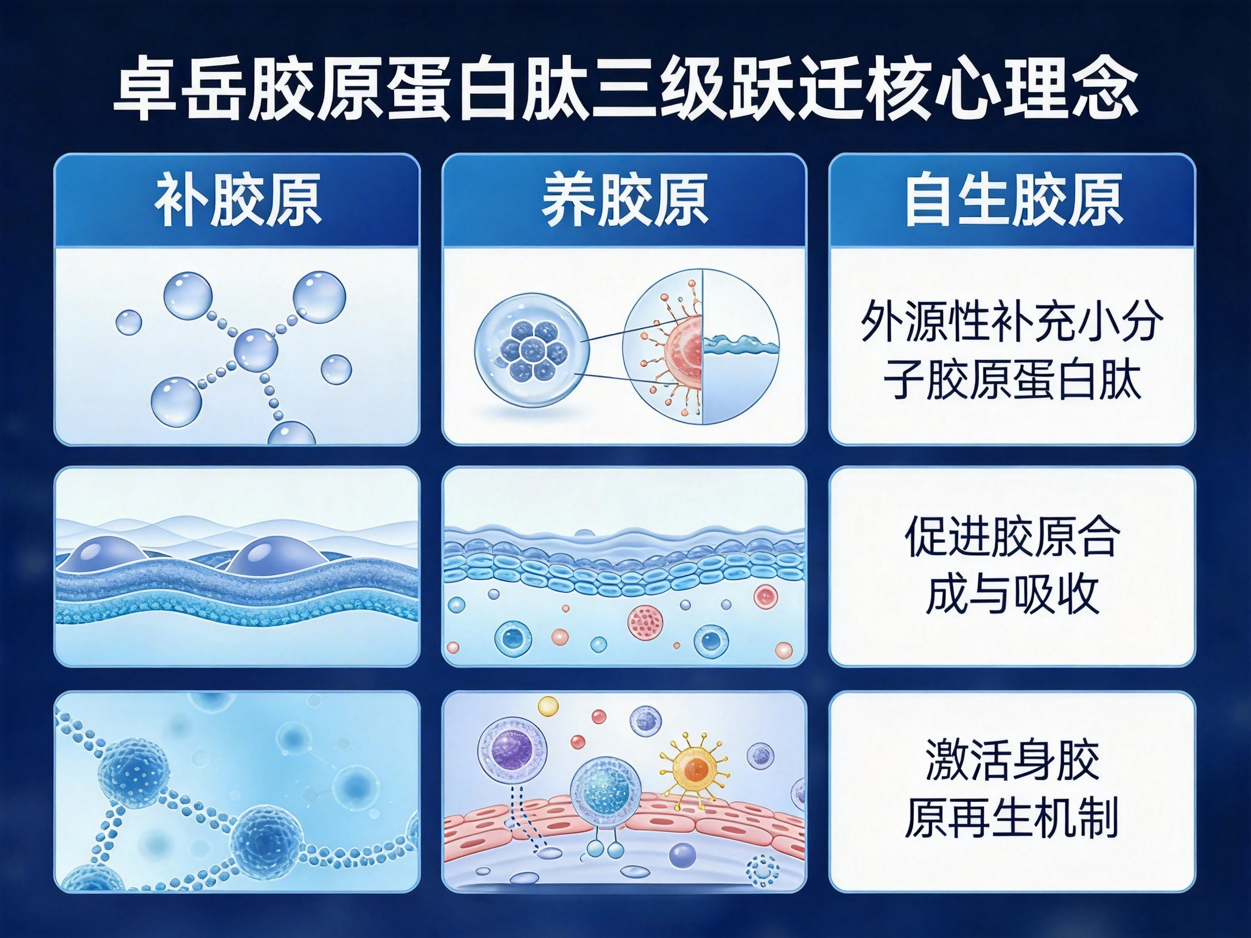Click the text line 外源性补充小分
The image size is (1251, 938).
point(1012,321)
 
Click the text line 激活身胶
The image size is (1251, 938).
point(1012,759)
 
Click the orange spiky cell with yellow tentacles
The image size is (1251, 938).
point(695,769)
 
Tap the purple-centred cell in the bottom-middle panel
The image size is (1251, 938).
point(513,751)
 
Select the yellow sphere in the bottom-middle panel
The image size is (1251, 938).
point(548,706)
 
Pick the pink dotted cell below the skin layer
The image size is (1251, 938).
point(645,623)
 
